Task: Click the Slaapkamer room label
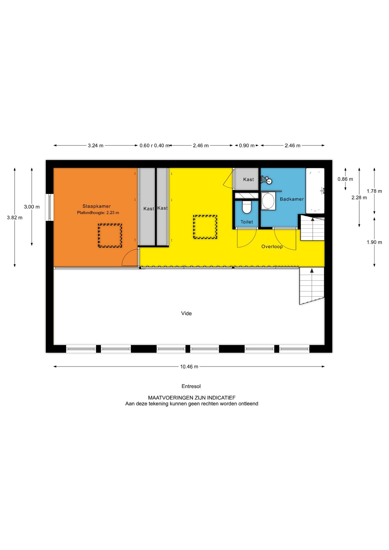[x=97, y=206]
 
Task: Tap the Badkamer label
[x=292, y=199]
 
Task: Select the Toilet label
[x=247, y=222]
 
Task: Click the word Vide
[x=186, y=313]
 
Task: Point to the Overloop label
[x=272, y=247]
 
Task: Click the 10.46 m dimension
[x=189, y=367]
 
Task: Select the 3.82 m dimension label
[x=15, y=218]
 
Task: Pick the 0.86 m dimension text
[x=345, y=179]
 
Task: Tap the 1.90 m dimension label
[x=374, y=242]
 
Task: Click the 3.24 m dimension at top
[x=95, y=146]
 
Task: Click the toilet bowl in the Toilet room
[x=247, y=207]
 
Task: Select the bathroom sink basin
[x=268, y=201]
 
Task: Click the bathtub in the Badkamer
[x=315, y=190]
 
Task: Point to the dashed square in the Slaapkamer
[x=110, y=235]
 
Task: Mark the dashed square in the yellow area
[x=205, y=227]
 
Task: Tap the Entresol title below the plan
[x=191, y=386]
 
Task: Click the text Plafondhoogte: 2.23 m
[x=98, y=213]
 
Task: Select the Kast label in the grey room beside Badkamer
[x=248, y=180]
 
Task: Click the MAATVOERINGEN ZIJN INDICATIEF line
[x=192, y=398]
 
